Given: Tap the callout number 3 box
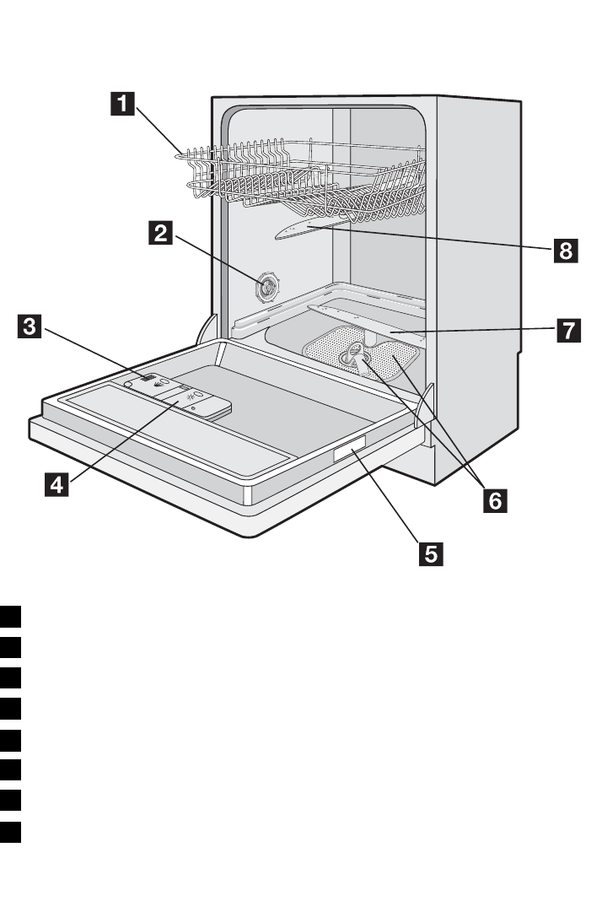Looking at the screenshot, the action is [30, 326].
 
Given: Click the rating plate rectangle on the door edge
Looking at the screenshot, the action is [349, 454].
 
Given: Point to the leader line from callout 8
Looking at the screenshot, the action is [438, 238].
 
